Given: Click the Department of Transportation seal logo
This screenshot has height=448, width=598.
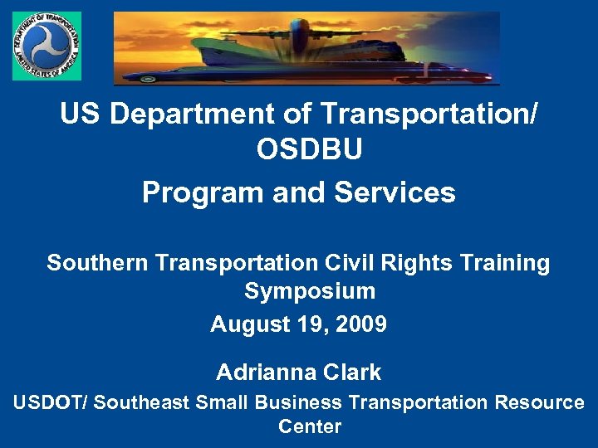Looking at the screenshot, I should tap(47, 46).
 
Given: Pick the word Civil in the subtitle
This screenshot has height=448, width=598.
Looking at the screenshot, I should tap(348, 263).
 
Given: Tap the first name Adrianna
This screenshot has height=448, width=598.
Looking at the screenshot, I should tap(265, 373).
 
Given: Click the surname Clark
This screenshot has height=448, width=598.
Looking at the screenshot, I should tap(354, 373).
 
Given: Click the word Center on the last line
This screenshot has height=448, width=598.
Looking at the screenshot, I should tap(309, 426).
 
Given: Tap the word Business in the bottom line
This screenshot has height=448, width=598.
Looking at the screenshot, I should tap(298, 402).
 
